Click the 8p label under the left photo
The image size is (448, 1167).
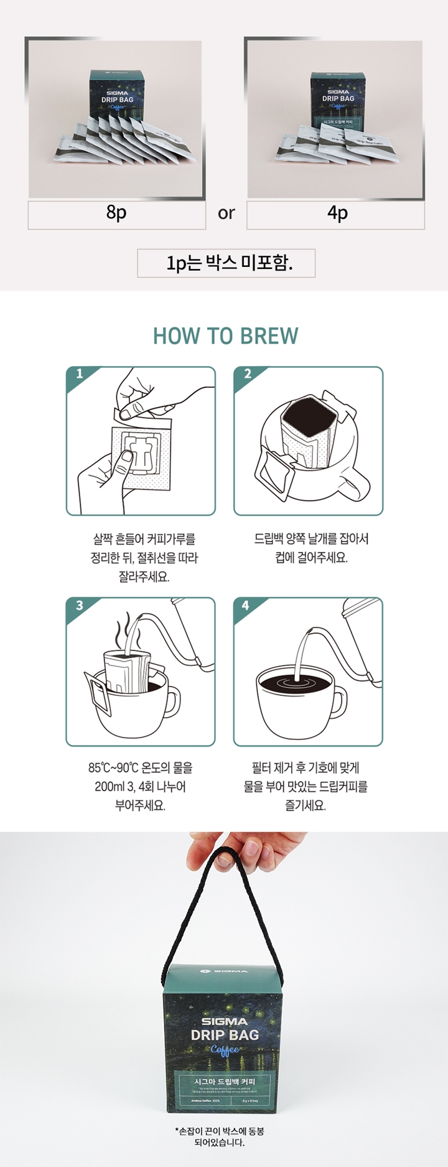point(116,213)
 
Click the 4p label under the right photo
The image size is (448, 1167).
point(337,213)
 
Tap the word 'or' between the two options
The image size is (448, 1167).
point(226,213)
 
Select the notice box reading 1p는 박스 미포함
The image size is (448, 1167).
point(226,263)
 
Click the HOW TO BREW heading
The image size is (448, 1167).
point(225,336)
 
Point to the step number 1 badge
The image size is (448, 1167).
point(79,374)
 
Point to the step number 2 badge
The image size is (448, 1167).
point(247,374)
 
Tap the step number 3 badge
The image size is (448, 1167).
point(79,605)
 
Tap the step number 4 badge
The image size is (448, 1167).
point(246,605)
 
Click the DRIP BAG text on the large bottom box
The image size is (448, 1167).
point(225,1035)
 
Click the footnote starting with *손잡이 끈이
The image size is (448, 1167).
point(224,1137)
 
